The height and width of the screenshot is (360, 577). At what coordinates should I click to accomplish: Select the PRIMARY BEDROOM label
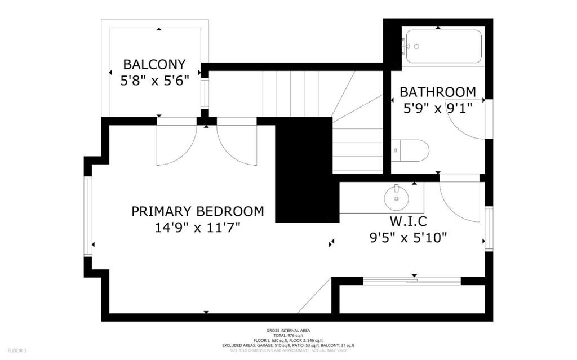tap(197, 211)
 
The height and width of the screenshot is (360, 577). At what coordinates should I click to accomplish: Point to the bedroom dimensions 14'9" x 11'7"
tap(197, 228)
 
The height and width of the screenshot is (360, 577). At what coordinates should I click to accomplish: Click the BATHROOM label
tap(437, 92)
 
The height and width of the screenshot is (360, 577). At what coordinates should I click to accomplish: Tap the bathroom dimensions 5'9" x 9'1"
tap(437, 107)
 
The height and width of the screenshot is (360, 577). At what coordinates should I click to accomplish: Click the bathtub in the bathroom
tap(443, 46)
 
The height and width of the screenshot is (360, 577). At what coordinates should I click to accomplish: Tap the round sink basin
tap(397, 198)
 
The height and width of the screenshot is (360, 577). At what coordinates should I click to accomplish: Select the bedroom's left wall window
tap(88, 216)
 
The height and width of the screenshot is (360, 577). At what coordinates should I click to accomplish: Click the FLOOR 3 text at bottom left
tap(17, 350)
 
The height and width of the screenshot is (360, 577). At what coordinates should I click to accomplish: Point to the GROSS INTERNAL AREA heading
tap(288, 330)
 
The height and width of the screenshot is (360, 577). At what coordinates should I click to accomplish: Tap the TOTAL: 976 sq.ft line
tap(288, 335)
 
